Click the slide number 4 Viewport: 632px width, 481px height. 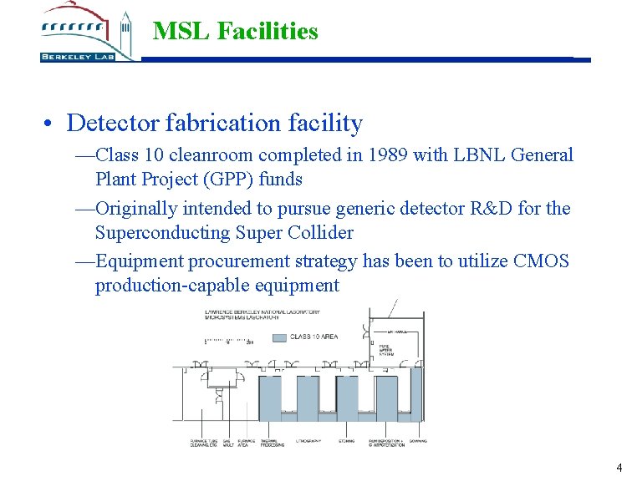pos(619,468)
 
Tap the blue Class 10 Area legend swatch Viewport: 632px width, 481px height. pos(280,337)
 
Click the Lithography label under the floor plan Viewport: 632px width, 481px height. pos(308,441)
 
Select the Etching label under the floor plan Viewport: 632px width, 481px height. pos(349,441)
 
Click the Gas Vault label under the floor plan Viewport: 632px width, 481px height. pos(222,443)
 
